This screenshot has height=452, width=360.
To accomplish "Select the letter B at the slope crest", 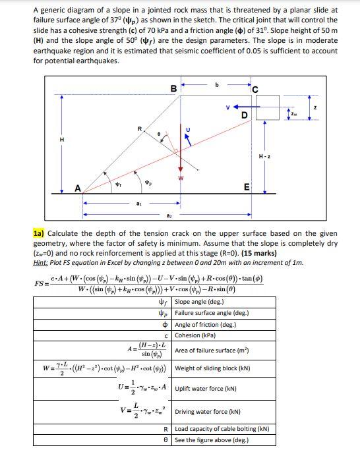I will point(173,88).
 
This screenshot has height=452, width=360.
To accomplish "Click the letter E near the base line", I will point(246,187).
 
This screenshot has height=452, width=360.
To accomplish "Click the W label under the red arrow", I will point(179,176).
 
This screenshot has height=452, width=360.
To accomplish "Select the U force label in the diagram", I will point(191,129).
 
